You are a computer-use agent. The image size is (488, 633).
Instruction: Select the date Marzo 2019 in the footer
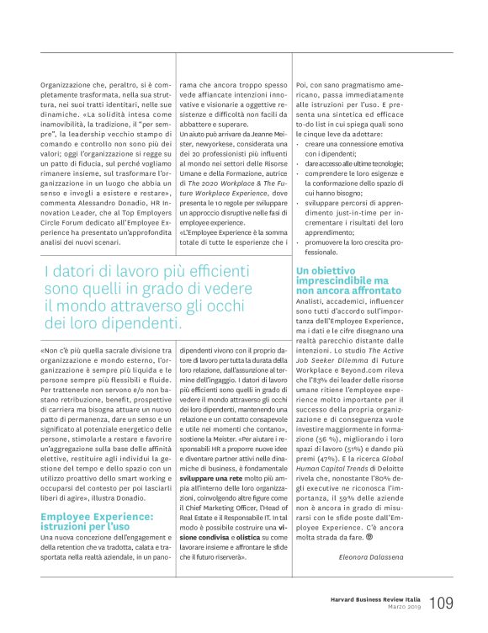coord(400,608)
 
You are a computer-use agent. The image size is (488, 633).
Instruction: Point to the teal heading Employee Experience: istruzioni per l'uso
coord(97,497)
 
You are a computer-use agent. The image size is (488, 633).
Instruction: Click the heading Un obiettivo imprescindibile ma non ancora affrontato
coord(342,279)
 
